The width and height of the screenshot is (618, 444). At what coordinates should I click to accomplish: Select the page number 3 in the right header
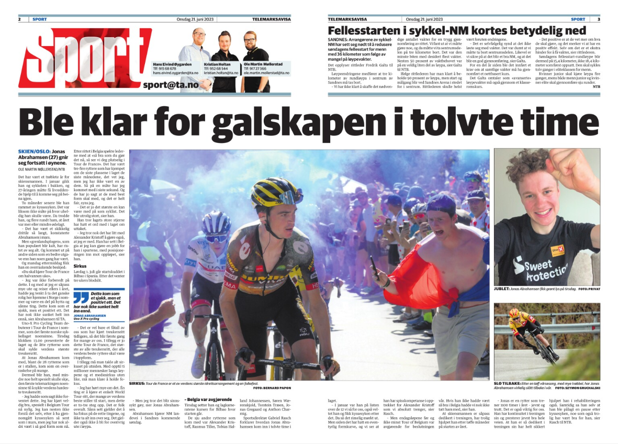point(598,19)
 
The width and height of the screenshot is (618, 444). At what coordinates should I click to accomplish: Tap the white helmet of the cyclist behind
point(216,223)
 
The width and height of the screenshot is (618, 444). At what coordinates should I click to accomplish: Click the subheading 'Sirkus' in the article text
point(81,265)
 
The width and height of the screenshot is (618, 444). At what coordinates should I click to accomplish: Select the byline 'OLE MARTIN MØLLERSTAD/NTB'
point(41,169)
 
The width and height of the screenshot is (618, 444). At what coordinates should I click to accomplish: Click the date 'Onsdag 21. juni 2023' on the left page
point(196,19)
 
